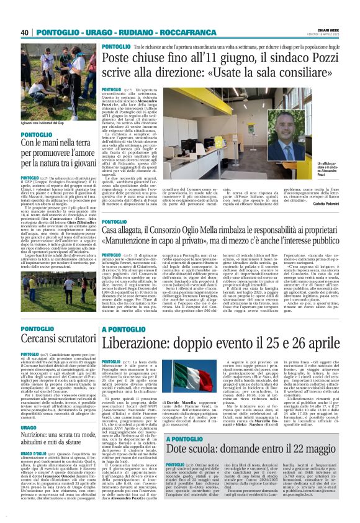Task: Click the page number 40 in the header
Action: [x=25, y=32]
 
